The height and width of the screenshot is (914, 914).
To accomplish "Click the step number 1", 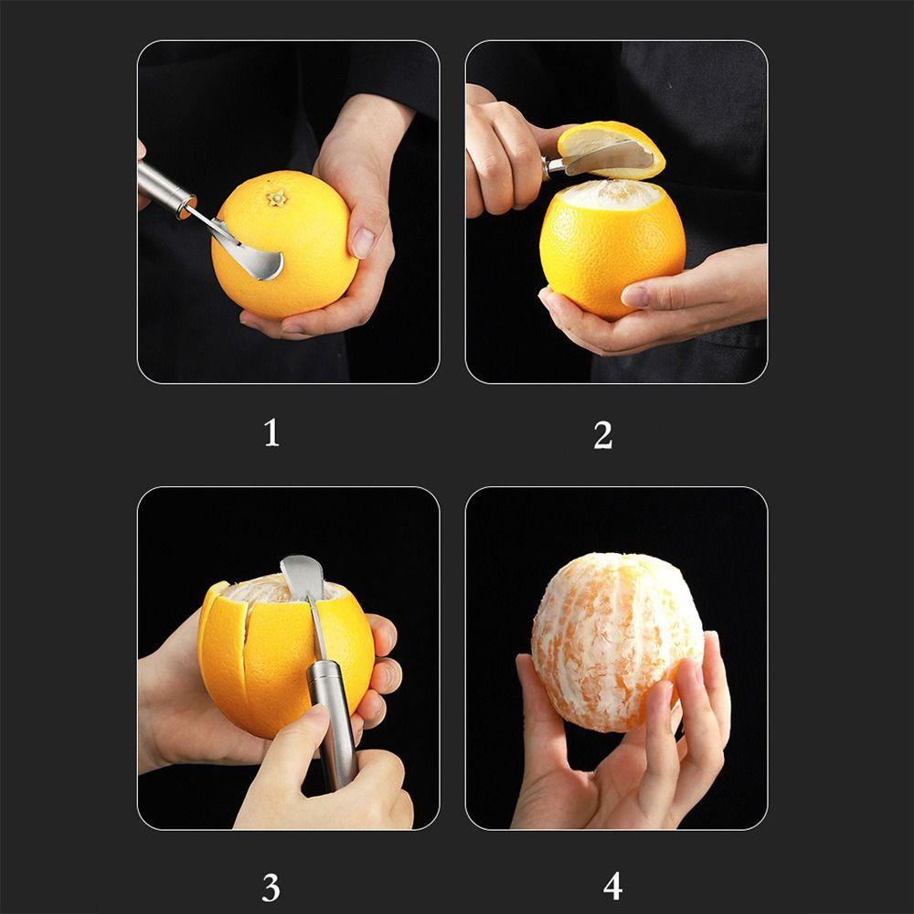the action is coord(271,433).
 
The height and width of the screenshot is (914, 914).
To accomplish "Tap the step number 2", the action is coord(602,435).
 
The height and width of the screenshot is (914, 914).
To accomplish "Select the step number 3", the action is coord(271,887).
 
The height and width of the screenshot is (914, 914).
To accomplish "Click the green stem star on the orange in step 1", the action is coord(278,198).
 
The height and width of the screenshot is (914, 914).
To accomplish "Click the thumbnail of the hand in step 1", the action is coord(363,242).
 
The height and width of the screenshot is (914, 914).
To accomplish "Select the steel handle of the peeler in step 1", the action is coord(165,187).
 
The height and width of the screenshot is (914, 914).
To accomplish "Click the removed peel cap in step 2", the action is coord(611,149).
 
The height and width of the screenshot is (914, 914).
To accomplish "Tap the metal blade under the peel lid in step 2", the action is coord(606,158).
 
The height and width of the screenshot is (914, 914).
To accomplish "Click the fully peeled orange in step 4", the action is coord(617,642).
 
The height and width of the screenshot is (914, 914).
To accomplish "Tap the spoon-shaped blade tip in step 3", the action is coord(302,576).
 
